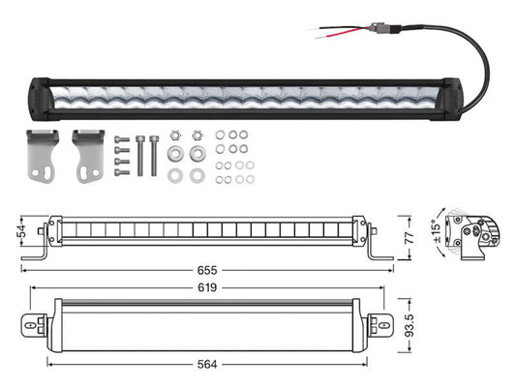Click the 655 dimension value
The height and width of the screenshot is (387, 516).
click(x=207, y=270)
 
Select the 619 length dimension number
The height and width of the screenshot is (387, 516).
click(x=207, y=287)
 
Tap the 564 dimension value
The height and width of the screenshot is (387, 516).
click(x=207, y=365)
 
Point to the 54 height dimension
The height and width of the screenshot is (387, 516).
click(x=22, y=231)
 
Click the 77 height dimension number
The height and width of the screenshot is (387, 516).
click(x=409, y=237)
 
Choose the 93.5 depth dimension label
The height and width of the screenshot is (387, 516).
click(x=410, y=325)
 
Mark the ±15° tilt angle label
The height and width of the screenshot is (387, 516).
click(x=437, y=231)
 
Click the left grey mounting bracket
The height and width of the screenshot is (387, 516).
click(x=43, y=156)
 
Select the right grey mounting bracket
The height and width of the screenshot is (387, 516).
click(x=88, y=156)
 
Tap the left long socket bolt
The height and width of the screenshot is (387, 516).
click(x=139, y=156)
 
